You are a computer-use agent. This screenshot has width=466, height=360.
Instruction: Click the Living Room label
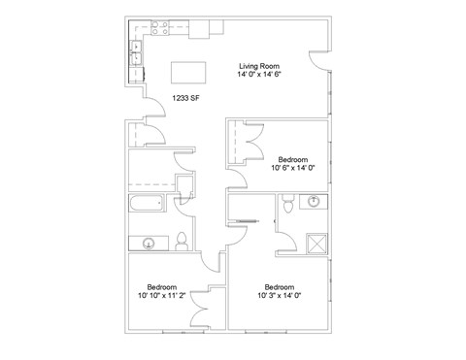click(x=259, y=66)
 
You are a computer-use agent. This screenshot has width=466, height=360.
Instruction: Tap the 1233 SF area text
click(x=185, y=98)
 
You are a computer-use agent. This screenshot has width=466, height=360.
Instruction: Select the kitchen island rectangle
click(x=188, y=73)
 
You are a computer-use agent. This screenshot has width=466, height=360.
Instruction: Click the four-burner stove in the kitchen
click(x=160, y=28)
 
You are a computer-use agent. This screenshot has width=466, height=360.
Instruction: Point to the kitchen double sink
click(x=136, y=53)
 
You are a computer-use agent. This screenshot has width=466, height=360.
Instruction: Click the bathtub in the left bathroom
click(x=146, y=203)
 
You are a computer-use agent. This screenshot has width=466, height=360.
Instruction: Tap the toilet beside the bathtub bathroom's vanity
click(x=182, y=242)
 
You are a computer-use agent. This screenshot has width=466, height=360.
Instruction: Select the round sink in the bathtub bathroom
click(x=149, y=243)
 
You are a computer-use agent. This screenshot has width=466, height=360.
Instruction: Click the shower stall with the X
click(x=316, y=244)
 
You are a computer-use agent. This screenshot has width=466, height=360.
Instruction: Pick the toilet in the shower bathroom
click(x=287, y=204)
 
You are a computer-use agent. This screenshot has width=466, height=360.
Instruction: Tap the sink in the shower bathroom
click(x=314, y=201)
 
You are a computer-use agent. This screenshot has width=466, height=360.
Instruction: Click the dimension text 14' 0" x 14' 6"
click(x=259, y=74)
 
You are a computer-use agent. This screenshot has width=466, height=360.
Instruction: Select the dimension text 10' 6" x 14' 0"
click(x=293, y=168)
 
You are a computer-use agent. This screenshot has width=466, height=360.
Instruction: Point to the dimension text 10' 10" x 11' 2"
click(x=161, y=295)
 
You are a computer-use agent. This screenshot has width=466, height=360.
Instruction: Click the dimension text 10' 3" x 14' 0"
click(x=280, y=295)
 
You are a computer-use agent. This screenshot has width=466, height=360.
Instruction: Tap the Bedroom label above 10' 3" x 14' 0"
click(x=280, y=287)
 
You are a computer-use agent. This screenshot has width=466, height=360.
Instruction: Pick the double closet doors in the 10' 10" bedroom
click(x=199, y=310)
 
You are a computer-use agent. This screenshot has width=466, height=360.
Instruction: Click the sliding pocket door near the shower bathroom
click(x=248, y=221)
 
